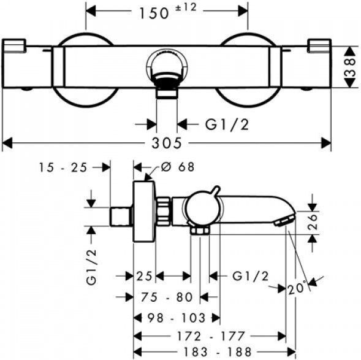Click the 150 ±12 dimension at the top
(x=168, y=11)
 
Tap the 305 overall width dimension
(x=167, y=143)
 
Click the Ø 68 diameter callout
(x=178, y=167)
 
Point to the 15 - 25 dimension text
(x=63, y=167)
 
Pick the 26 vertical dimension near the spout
(x=313, y=222)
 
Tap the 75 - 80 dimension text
(x=167, y=297)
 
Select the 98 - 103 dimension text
(x=176, y=318)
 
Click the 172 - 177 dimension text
(x=210, y=336)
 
